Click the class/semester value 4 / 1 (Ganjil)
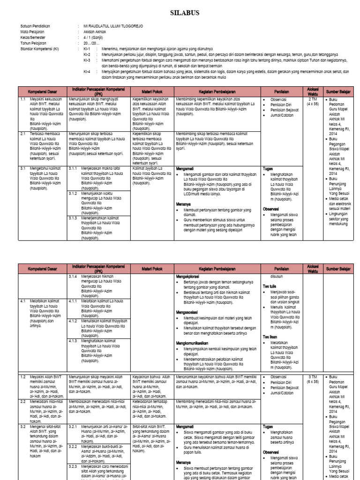click(94, 37)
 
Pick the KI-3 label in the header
click(87, 60)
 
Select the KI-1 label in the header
click(87, 49)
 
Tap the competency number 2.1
click(22, 134)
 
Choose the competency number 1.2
click(22, 376)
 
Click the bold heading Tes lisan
click(270, 337)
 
